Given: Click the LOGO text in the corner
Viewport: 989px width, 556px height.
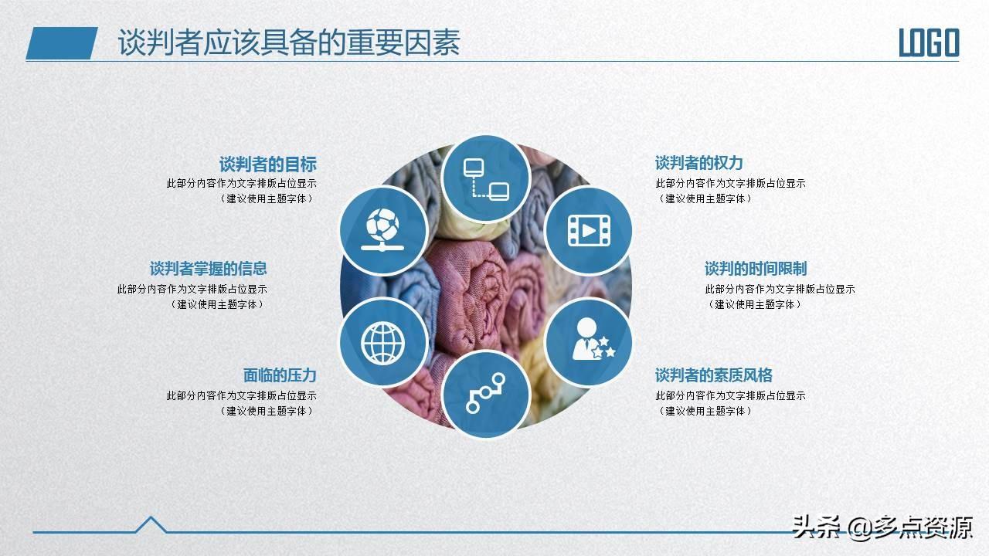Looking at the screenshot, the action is pyautogui.click(x=929, y=42).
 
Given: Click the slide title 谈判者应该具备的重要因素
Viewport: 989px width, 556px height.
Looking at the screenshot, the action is pyautogui.click(x=289, y=42).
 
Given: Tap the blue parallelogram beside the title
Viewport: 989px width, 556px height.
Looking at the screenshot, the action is pyautogui.click(x=62, y=43).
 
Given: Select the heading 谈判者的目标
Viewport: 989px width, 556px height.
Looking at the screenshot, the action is pyautogui.click(x=268, y=164).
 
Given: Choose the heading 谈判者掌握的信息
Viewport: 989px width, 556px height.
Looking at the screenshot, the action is pyautogui.click(x=209, y=268).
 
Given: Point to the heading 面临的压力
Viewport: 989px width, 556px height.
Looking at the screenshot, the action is pyautogui.click(x=280, y=375).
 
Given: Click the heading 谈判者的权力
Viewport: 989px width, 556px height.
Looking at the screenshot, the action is pyautogui.click(x=699, y=163).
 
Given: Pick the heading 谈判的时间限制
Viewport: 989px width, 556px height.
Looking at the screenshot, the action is pyautogui.click(x=756, y=268).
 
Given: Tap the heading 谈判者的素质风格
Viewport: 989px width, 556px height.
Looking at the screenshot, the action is pyautogui.click(x=713, y=375).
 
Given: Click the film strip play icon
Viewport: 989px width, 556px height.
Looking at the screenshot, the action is pyautogui.click(x=589, y=231).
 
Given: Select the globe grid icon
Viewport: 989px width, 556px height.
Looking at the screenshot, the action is pyautogui.click(x=382, y=344).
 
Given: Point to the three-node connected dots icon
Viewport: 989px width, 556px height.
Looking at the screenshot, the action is pyautogui.click(x=486, y=393).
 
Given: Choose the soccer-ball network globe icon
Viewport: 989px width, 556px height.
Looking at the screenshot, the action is pyautogui.click(x=382, y=229).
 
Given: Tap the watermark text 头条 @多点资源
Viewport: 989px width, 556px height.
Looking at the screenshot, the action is pyautogui.click(x=882, y=527).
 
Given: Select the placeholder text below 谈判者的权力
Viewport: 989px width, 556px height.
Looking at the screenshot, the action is pyautogui.click(x=730, y=191).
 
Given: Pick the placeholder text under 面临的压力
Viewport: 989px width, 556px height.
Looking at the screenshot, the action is pyautogui.click(x=242, y=403).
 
